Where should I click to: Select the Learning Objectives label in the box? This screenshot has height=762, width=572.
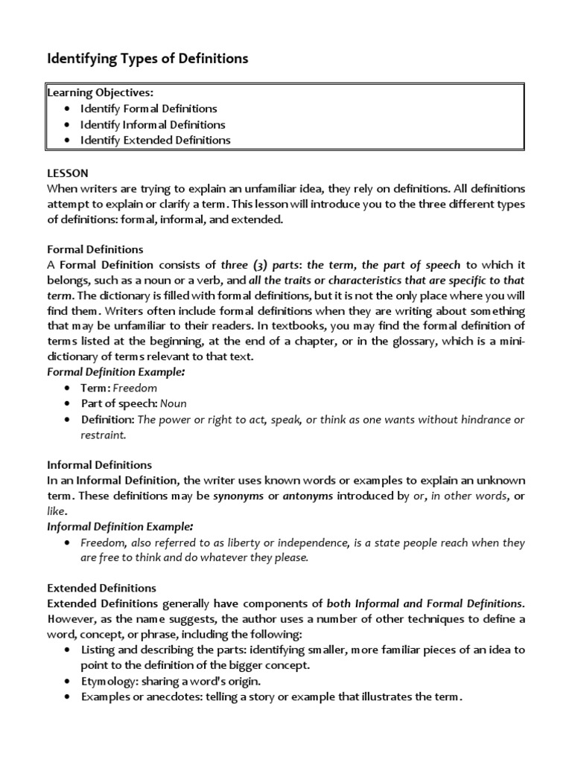pyautogui.click(x=101, y=93)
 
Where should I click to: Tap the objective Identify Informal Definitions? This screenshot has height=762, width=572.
pyautogui.click(x=153, y=124)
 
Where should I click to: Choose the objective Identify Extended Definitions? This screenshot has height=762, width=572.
pyautogui.click(x=156, y=140)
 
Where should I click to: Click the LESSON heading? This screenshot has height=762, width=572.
pyautogui.click(x=68, y=173)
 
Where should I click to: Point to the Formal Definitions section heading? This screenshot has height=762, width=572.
pyautogui.click(x=95, y=249)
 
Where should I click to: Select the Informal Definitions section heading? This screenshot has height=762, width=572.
pyautogui.click(x=99, y=465)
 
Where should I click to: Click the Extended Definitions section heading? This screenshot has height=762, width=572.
pyautogui.click(x=101, y=588)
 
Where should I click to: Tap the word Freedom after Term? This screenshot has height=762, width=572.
pyautogui.click(x=135, y=388)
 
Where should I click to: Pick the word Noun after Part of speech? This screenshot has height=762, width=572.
pyautogui.click(x=174, y=403)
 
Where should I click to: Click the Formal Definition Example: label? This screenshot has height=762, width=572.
pyautogui.click(x=115, y=371)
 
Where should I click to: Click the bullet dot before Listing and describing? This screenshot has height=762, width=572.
pyautogui.click(x=68, y=650)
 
